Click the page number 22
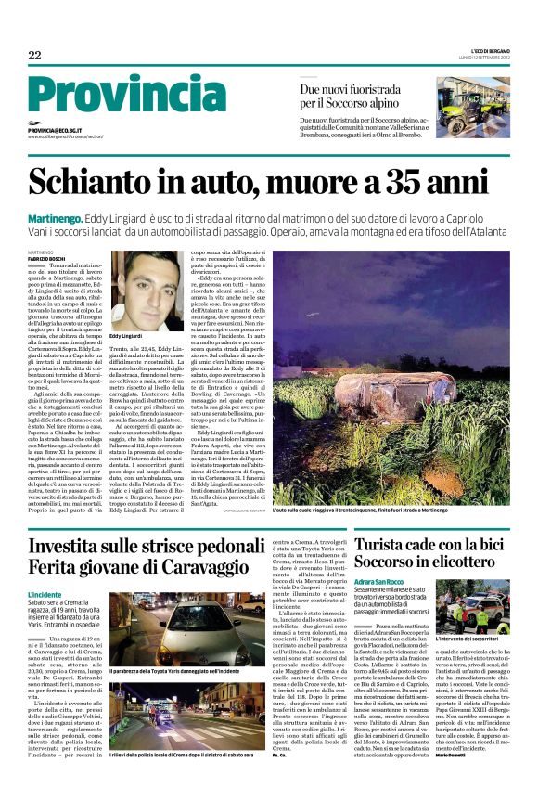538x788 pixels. (34, 56)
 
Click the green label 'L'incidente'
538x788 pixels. (45, 593)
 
